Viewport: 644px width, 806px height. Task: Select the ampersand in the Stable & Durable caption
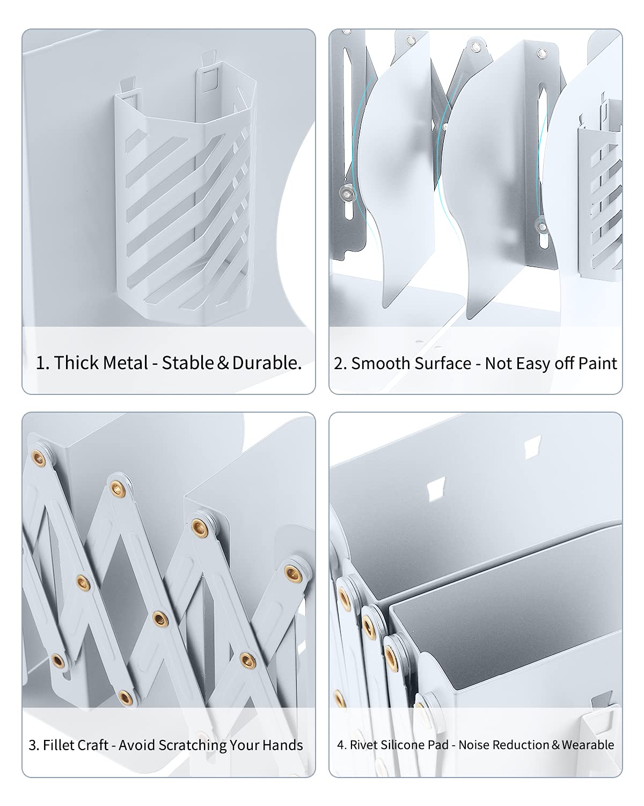pos(223,363)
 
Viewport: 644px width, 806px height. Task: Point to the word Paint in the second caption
pos(597,363)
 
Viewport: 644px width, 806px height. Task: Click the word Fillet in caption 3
pos(57,745)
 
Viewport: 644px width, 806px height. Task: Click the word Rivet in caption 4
pos(361,745)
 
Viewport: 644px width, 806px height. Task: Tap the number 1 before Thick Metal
pos(41,363)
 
